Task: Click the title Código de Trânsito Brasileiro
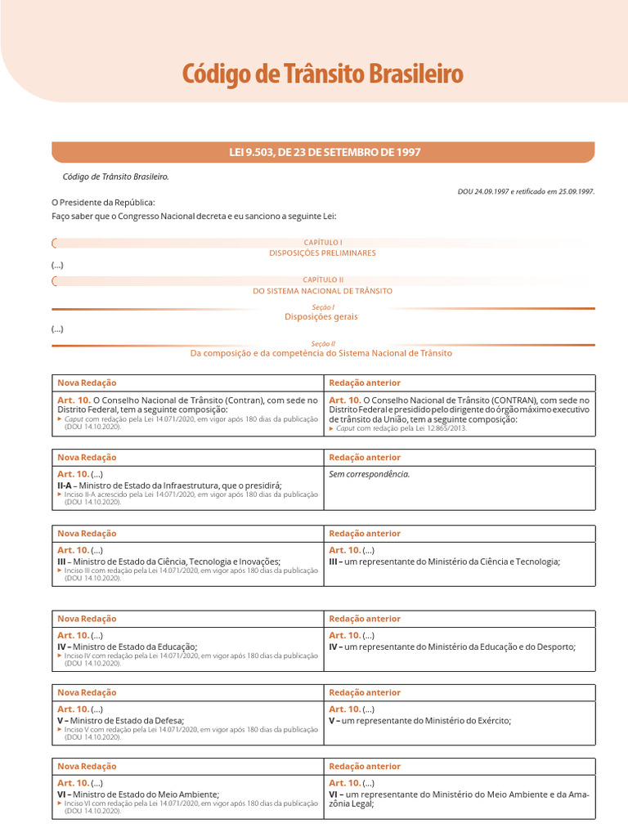coord(322,74)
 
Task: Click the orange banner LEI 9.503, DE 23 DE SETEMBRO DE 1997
coord(323,153)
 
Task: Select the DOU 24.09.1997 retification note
coord(526,191)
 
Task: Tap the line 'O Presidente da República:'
coord(103,203)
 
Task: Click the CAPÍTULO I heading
coord(323,243)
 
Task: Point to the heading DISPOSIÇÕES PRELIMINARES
coord(323,253)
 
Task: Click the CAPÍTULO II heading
coord(323,280)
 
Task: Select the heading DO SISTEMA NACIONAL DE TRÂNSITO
coord(323,291)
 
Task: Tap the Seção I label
coord(323,307)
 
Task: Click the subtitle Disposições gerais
coord(321,316)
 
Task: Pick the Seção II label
coord(323,344)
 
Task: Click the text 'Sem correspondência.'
coord(369,474)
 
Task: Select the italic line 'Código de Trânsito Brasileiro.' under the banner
coord(116,176)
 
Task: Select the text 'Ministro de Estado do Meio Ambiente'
coord(144,794)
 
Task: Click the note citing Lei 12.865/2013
coord(401,428)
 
